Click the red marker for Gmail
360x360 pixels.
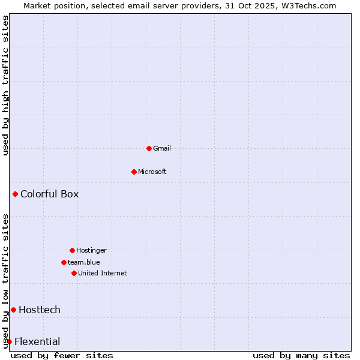(x=149, y=148)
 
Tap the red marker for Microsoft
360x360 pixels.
(x=134, y=172)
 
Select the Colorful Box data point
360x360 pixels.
(x=15, y=194)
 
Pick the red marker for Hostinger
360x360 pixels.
(x=72, y=250)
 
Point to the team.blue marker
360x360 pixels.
(x=64, y=262)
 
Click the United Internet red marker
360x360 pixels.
(x=74, y=273)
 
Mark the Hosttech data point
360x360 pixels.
(x=13, y=310)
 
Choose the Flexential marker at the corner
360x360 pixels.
(x=9, y=341)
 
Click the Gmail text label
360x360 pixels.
(x=162, y=148)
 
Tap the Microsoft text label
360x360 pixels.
(x=152, y=172)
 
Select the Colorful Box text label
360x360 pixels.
(x=49, y=194)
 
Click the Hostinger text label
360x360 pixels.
(x=91, y=250)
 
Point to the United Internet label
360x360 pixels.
(x=102, y=273)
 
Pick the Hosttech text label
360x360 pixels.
(x=40, y=310)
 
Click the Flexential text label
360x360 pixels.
(x=37, y=342)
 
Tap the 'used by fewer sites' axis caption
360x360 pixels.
(x=62, y=355)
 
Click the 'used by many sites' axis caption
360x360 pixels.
(x=301, y=355)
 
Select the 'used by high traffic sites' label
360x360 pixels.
(x=6, y=85)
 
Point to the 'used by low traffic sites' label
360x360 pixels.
(x=6, y=280)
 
